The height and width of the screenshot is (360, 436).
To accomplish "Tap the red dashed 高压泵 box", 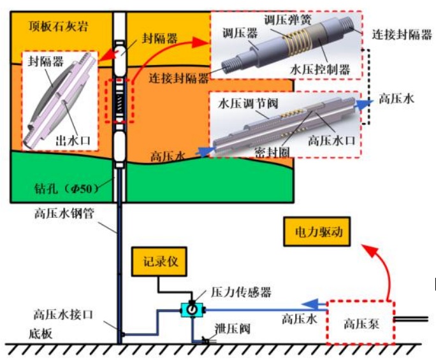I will pos(360,324).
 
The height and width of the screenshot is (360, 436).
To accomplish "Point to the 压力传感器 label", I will pos(240,292).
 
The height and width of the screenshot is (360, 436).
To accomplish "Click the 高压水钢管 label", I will pos(63,215).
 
